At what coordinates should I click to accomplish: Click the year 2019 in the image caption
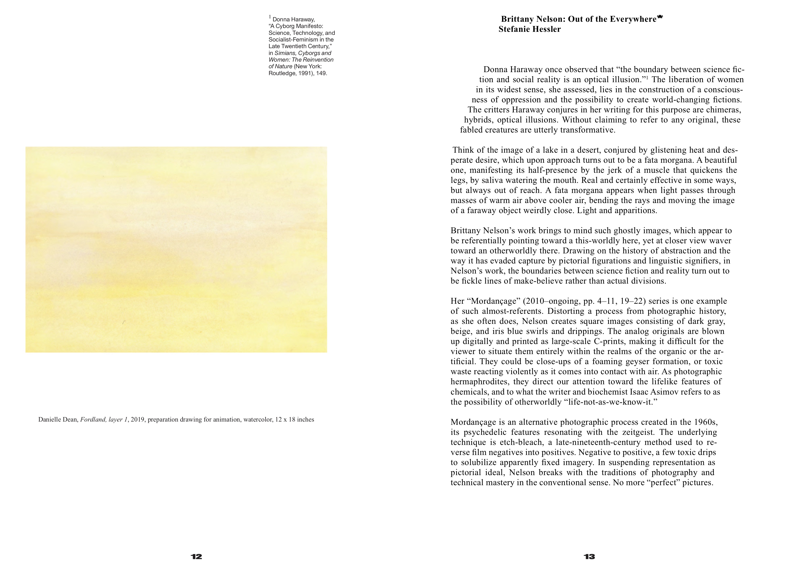137,420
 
